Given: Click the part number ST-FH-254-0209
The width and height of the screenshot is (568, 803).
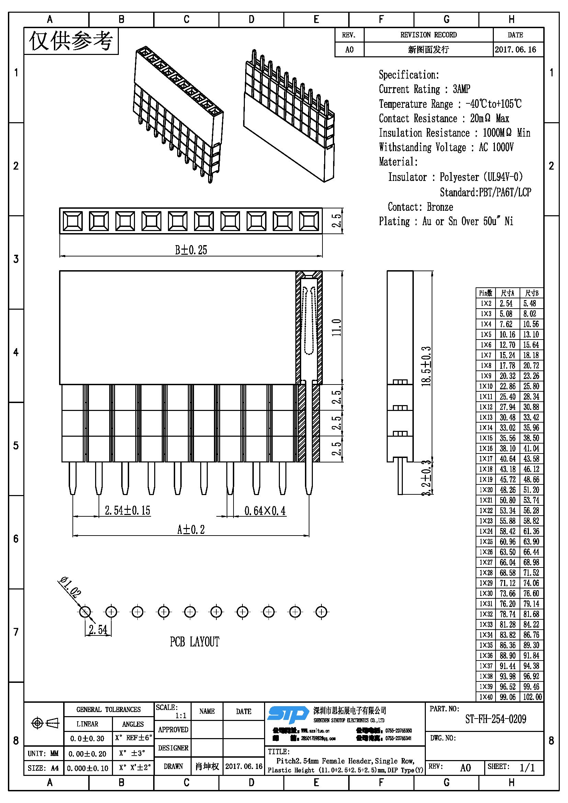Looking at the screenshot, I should pyautogui.click(x=495, y=720).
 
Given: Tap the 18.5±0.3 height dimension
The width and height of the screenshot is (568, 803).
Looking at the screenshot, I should pyautogui.click(x=426, y=366).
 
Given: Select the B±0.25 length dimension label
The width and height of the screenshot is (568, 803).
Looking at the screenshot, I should pyautogui.click(x=191, y=250).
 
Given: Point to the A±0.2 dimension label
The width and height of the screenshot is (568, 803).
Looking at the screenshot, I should pyautogui.click(x=191, y=529).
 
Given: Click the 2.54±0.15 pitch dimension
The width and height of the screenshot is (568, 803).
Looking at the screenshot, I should pyautogui.click(x=127, y=510).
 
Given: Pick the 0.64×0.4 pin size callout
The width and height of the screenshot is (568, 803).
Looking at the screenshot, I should pyautogui.click(x=265, y=511).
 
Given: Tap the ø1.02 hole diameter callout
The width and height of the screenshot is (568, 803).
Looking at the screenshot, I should pyautogui.click(x=70, y=586).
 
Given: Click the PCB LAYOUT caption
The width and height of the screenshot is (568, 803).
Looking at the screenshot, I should pyautogui.click(x=194, y=642).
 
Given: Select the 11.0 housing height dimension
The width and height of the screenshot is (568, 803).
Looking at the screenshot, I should pyautogui.click(x=336, y=328).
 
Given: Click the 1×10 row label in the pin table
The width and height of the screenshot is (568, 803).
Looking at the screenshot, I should pyautogui.click(x=486, y=386).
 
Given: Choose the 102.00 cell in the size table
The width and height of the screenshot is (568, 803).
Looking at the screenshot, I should pyautogui.click(x=532, y=697).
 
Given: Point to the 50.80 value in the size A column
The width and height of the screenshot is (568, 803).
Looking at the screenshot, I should pyautogui.click(x=508, y=500).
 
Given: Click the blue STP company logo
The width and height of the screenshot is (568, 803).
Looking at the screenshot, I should pyautogui.click(x=287, y=714).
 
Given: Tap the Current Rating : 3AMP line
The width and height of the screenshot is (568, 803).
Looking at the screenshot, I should pyautogui.click(x=424, y=89).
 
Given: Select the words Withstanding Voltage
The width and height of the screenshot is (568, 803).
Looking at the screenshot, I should pyautogui.click(x=422, y=147).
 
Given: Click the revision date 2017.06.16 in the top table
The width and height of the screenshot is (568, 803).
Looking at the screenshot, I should pyautogui.click(x=515, y=49).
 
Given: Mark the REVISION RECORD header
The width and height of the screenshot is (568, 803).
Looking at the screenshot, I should pyautogui.click(x=428, y=35).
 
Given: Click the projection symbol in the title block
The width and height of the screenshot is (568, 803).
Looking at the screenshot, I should pyautogui.click(x=45, y=723).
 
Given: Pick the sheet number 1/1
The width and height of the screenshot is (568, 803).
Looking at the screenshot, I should pyautogui.click(x=527, y=768).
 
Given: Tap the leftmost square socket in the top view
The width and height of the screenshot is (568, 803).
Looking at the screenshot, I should pyautogui.click(x=72, y=221).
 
